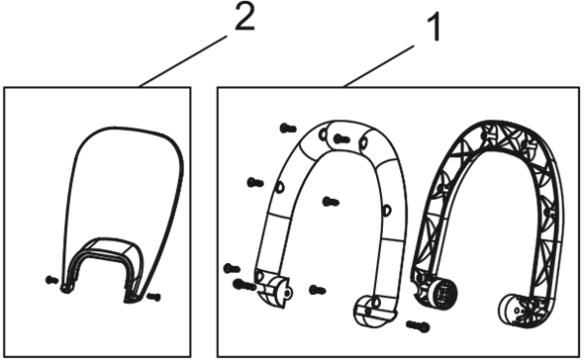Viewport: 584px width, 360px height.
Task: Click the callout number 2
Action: (x=244, y=17)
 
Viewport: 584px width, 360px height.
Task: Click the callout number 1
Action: (x=434, y=27)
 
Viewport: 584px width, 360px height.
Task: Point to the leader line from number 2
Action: (x=182, y=61)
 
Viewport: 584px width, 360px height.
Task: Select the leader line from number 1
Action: (x=378, y=66)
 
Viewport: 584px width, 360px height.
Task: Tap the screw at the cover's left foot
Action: (x=51, y=280)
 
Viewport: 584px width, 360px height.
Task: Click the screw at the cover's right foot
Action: (x=153, y=297)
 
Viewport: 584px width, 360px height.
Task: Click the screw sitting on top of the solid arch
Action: (x=341, y=139)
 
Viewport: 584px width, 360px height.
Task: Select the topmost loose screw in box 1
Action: (x=288, y=129)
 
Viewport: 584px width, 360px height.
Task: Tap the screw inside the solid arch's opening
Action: (x=331, y=202)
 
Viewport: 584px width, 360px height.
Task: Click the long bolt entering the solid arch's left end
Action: (x=244, y=285)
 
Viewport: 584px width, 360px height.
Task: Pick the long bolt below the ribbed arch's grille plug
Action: (x=418, y=326)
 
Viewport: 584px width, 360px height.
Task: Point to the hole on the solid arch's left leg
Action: (x=279, y=187)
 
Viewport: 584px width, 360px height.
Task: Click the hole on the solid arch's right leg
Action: (x=387, y=211)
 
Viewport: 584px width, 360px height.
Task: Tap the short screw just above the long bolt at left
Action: (x=232, y=268)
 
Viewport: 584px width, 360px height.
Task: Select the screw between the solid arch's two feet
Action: (x=318, y=290)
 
